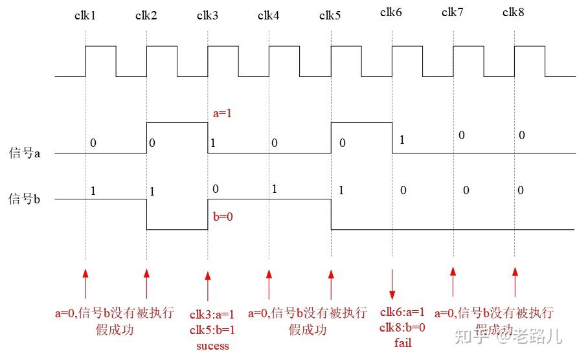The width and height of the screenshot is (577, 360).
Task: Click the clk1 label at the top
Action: pyautogui.click(x=85, y=16)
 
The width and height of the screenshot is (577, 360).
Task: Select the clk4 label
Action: pyautogui.click(x=269, y=16)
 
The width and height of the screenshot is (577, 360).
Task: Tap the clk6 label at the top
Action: pyautogui.click(x=391, y=12)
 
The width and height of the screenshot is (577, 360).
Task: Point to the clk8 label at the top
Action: pyautogui.click(x=514, y=12)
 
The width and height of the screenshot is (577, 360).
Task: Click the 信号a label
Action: pyautogui.click(x=25, y=153)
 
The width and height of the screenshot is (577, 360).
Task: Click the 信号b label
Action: pyautogui.click(x=25, y=199)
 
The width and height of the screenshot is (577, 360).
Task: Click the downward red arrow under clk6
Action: pyautogui.click(x=392, y=284)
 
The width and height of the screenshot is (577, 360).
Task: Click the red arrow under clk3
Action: pyautogui.click(x=208, y=285)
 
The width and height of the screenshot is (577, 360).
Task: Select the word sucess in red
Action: pyautogui.click(x=212, y=346)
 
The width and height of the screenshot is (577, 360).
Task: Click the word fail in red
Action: pyautogui.click(x=403, y=343)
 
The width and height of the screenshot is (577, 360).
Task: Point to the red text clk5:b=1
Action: pyautogui.click(x=212, y=330)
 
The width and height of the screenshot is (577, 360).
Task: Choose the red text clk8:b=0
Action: pyautogui.click(x=403, y=328)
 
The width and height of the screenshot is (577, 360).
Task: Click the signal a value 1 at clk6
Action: pyautogui.click(x=402, y=139)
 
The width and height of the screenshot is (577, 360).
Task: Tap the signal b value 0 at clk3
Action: pyautogui.click(x=216, y=188)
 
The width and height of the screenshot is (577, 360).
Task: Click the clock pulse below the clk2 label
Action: pyautogui.click(x=162, y=61)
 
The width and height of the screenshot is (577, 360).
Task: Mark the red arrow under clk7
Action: pyautogui.click(x=453, y=281)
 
